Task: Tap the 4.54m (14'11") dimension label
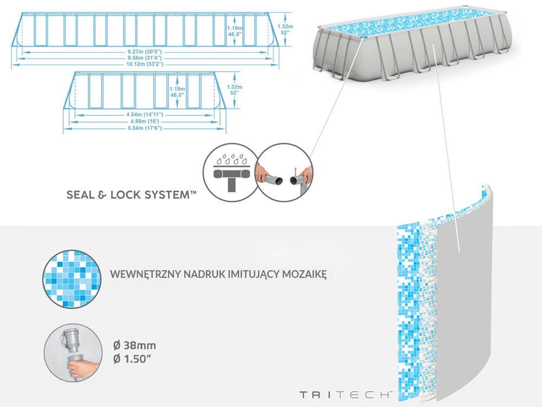(144, 115)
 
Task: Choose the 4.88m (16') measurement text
(144, 122)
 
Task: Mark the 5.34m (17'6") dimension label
(144, 129)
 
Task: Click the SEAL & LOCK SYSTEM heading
(131, 195)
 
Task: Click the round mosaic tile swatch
(72, 278)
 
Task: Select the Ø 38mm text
(134, 346)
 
